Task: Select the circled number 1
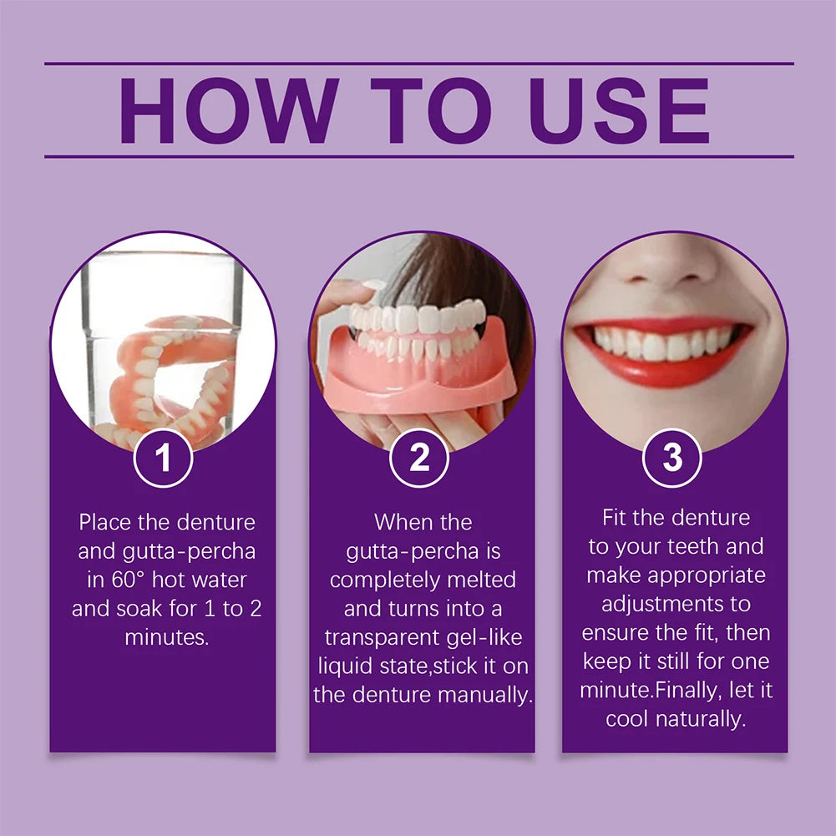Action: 164,458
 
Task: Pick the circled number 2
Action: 419,458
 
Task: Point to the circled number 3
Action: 672,458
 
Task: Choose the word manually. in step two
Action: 489,695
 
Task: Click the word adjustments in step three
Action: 676,604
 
